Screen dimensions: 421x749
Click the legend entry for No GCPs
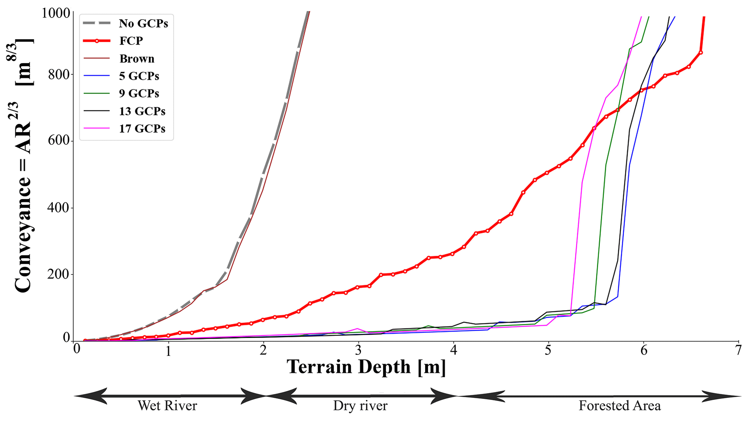[143, 24]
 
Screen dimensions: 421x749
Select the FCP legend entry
[131, 41]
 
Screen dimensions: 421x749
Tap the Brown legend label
[137, 59]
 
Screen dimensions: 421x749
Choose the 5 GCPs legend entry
[139, 76]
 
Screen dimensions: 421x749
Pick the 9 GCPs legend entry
[139, 93]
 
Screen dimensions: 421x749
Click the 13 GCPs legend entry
[142, 111]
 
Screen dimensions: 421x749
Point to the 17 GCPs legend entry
[142, 129]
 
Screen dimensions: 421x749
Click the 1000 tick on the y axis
[56, 13]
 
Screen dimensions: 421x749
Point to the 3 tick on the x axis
[358, 350]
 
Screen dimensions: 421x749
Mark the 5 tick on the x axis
[548, 350]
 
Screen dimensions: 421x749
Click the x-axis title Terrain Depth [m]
[366, 367]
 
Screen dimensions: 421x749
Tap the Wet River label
[167, 406]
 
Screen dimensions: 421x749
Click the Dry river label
[360, 406]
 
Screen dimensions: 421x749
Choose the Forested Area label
[619, 406]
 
